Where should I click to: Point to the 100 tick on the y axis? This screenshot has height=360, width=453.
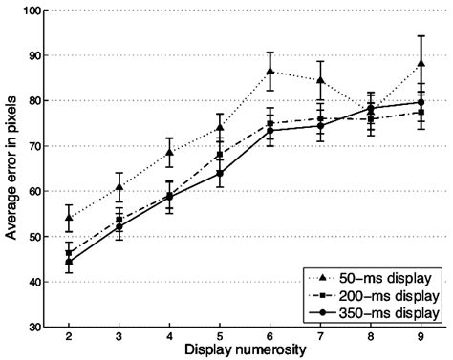click(32, 11)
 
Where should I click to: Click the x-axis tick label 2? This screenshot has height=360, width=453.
click(69, 339)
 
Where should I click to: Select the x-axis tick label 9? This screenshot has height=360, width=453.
click(422, 339)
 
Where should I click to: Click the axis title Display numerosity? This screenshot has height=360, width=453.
click(245, 351)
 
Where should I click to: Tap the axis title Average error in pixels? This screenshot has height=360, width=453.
click(11, 169)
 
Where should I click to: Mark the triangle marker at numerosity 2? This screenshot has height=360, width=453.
click(69, 218)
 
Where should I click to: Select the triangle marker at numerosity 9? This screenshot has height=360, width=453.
click(422, 64)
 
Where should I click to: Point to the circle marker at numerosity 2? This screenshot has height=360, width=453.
click(69, 262)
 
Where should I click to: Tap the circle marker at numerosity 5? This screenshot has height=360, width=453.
click(220, 173)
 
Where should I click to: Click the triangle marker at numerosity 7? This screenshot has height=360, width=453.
click(321, 80)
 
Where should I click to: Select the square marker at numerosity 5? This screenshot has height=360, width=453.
click(220, 155)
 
